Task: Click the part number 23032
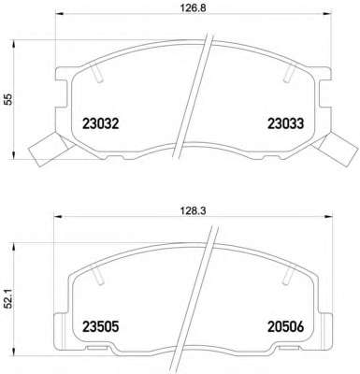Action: [x=101, y=123]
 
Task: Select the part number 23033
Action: [x=285, y=123]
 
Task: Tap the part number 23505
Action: [x=101, y=327]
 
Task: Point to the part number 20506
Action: [x=285, y=327]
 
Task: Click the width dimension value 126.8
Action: [x=193, y=7]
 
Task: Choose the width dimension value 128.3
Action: [x=193, y=211]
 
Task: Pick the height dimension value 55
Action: [x=8, y=99]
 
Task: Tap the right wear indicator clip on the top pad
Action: [x=334, y=149]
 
